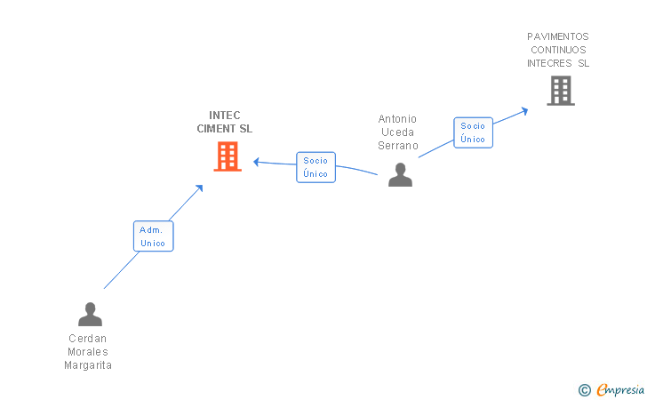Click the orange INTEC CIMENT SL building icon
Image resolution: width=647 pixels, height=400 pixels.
click(x=228, y=156)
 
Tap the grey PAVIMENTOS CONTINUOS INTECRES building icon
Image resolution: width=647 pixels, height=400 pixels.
click(x=560, y=91)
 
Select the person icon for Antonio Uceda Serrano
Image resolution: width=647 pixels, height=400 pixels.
click(x=400, y=174)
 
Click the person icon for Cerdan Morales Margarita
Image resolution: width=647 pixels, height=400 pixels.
click(x=90, y=314)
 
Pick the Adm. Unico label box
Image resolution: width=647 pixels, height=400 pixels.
click(x=153, y=236)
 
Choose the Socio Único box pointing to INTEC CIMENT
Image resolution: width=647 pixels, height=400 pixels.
click(x=316, y=167)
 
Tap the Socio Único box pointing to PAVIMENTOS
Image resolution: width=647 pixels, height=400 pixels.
click(x=473, y=132)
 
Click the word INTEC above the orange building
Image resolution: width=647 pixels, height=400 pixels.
click(x=225, y=116)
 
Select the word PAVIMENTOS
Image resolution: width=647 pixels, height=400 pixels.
click(x=558, y=37)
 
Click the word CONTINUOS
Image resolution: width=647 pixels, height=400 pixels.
click(x=558, y=51)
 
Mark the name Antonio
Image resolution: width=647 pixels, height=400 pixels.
click(x=397, y=119)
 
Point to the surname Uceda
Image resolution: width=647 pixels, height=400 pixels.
click(x=397, y=132)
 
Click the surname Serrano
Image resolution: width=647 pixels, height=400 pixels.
click(x=397, y=146)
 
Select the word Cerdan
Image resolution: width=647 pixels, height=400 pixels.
click(x=88, y=339)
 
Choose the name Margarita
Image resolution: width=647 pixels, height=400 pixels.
click(x=88, y=365)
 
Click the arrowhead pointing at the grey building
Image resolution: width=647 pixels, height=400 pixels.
click(x=525, y=110)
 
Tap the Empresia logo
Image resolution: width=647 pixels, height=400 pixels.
click(x=620, y=389)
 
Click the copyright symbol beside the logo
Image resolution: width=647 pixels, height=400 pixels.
click(x=584, y=389)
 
